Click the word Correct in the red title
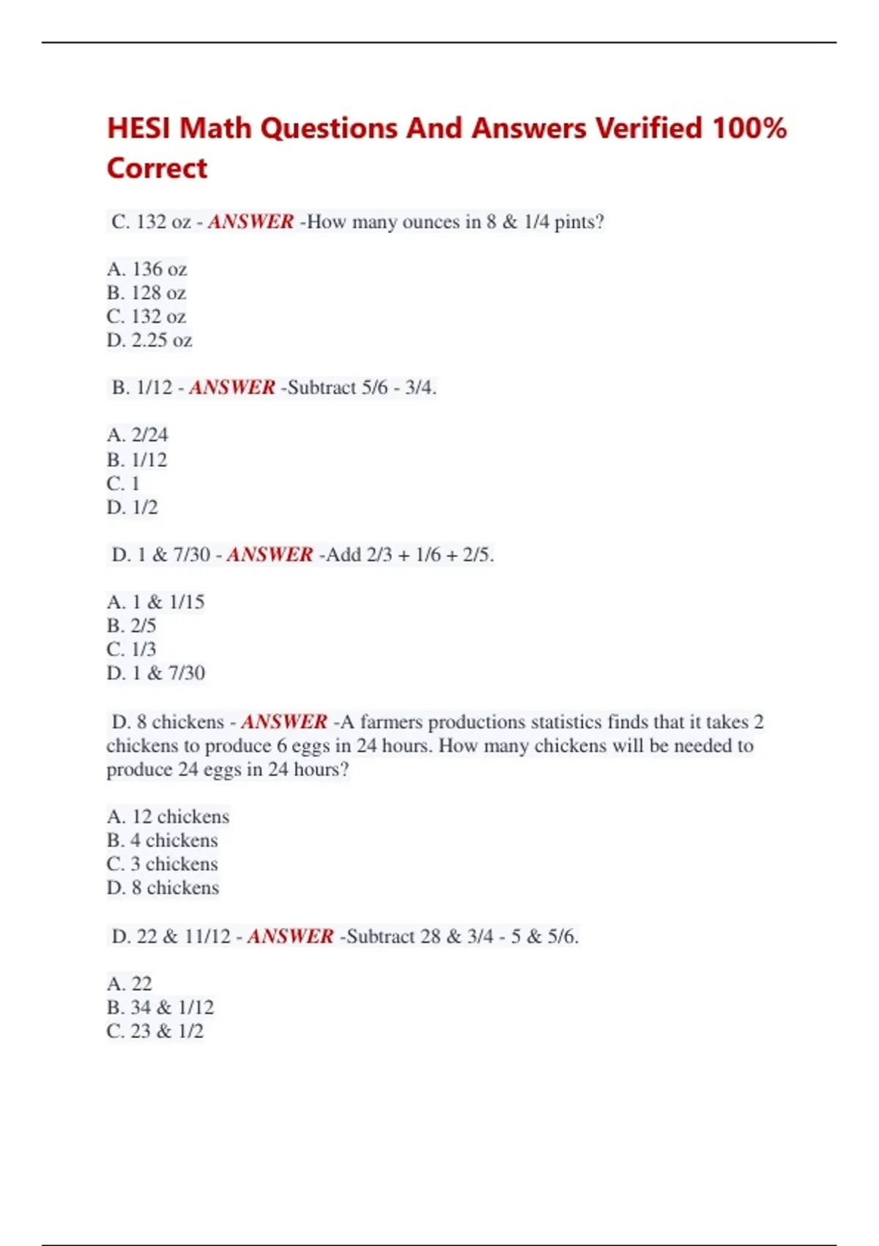point(157,168)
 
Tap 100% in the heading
point(749,128)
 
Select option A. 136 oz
point(146,269)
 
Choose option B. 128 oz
point(146,293)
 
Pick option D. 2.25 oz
point(149,340)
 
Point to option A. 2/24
point(137,435)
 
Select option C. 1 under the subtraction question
point(123,484)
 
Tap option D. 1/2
point(132,507)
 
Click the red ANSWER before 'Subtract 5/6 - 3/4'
point(231,387)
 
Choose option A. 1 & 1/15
point(155,602)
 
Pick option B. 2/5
point(131,625)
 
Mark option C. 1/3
point(131,649)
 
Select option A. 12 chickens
point(168,816)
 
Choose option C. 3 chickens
point(162,864)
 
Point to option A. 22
point(129,984)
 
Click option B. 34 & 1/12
point(160,1007)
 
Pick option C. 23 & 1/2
point(155,1031)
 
